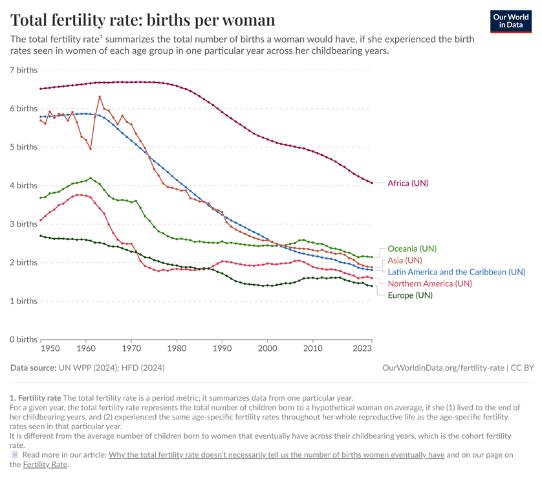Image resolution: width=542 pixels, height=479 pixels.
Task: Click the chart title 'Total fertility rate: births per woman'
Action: (142, 19)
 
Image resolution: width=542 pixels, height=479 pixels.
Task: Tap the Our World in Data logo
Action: (511, 20)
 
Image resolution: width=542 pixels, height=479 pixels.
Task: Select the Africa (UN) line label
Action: (407, 183)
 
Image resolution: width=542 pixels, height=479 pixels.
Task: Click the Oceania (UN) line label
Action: (411, 249)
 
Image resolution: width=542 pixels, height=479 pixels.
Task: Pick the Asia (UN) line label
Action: (404, 260)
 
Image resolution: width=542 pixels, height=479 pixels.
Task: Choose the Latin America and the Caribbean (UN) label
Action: (456, 272)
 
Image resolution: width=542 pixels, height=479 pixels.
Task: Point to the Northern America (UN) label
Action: (429, 284)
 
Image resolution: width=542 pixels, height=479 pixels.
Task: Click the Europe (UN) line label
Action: (409, 295)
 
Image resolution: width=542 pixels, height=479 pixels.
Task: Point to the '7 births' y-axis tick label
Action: (24, 69)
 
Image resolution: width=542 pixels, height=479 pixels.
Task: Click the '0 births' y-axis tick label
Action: (24, 339)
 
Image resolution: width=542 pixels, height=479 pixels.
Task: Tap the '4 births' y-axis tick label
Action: (24, 185)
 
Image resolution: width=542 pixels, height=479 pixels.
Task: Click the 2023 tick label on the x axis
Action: (362, 349)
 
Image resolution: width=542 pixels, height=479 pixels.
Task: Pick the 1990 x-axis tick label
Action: (222, 349)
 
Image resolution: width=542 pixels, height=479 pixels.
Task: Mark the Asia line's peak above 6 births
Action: (100, 96)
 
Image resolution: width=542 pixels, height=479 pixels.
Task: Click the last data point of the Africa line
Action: (372, 183)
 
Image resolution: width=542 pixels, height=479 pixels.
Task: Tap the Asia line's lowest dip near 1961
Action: (91, 149)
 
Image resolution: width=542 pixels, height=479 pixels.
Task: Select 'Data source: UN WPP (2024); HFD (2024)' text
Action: (87, 368)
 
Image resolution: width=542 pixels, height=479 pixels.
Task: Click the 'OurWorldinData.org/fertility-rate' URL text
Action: (443, 368)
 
